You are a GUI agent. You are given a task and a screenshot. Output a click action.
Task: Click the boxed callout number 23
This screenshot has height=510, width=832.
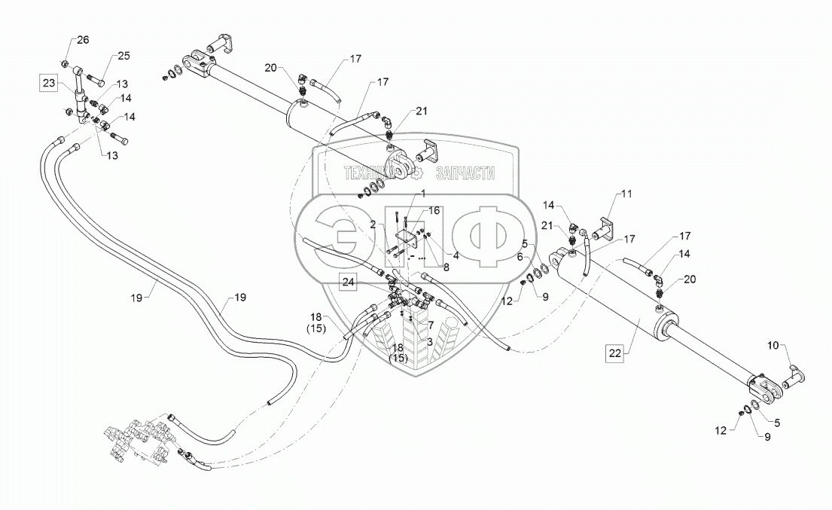49,84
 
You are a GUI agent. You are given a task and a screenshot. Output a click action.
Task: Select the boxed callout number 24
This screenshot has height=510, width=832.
348,282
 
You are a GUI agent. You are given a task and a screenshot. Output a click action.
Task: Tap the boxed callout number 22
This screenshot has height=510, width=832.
615,353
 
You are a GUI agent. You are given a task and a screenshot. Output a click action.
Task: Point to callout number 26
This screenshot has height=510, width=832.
84,40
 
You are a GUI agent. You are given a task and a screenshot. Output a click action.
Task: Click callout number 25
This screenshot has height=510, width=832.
123,56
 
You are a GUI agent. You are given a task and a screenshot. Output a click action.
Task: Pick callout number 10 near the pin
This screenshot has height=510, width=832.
773,346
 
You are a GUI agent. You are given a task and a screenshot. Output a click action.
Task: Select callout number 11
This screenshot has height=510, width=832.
626,194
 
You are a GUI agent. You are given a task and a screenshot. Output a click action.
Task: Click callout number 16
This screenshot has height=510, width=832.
434,211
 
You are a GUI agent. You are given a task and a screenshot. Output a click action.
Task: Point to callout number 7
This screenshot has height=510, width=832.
431,325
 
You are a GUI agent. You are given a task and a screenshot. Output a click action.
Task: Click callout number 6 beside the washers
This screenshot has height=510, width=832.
520,258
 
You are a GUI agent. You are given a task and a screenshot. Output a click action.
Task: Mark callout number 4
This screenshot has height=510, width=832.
456,256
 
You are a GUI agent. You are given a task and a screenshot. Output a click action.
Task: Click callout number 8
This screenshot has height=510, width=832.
446,267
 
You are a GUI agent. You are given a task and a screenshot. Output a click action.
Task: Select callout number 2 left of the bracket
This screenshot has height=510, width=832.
373,225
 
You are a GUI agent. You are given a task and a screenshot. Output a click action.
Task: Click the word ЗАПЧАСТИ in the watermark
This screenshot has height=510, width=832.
465,173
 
